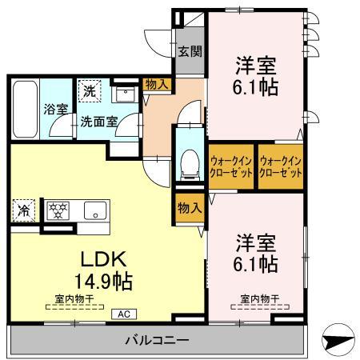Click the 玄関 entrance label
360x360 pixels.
click(188, 52)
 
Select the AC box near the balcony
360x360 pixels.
click(125, 314)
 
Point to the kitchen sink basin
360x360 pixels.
click(94, 213)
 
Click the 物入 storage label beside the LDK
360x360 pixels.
click(188, 208)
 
